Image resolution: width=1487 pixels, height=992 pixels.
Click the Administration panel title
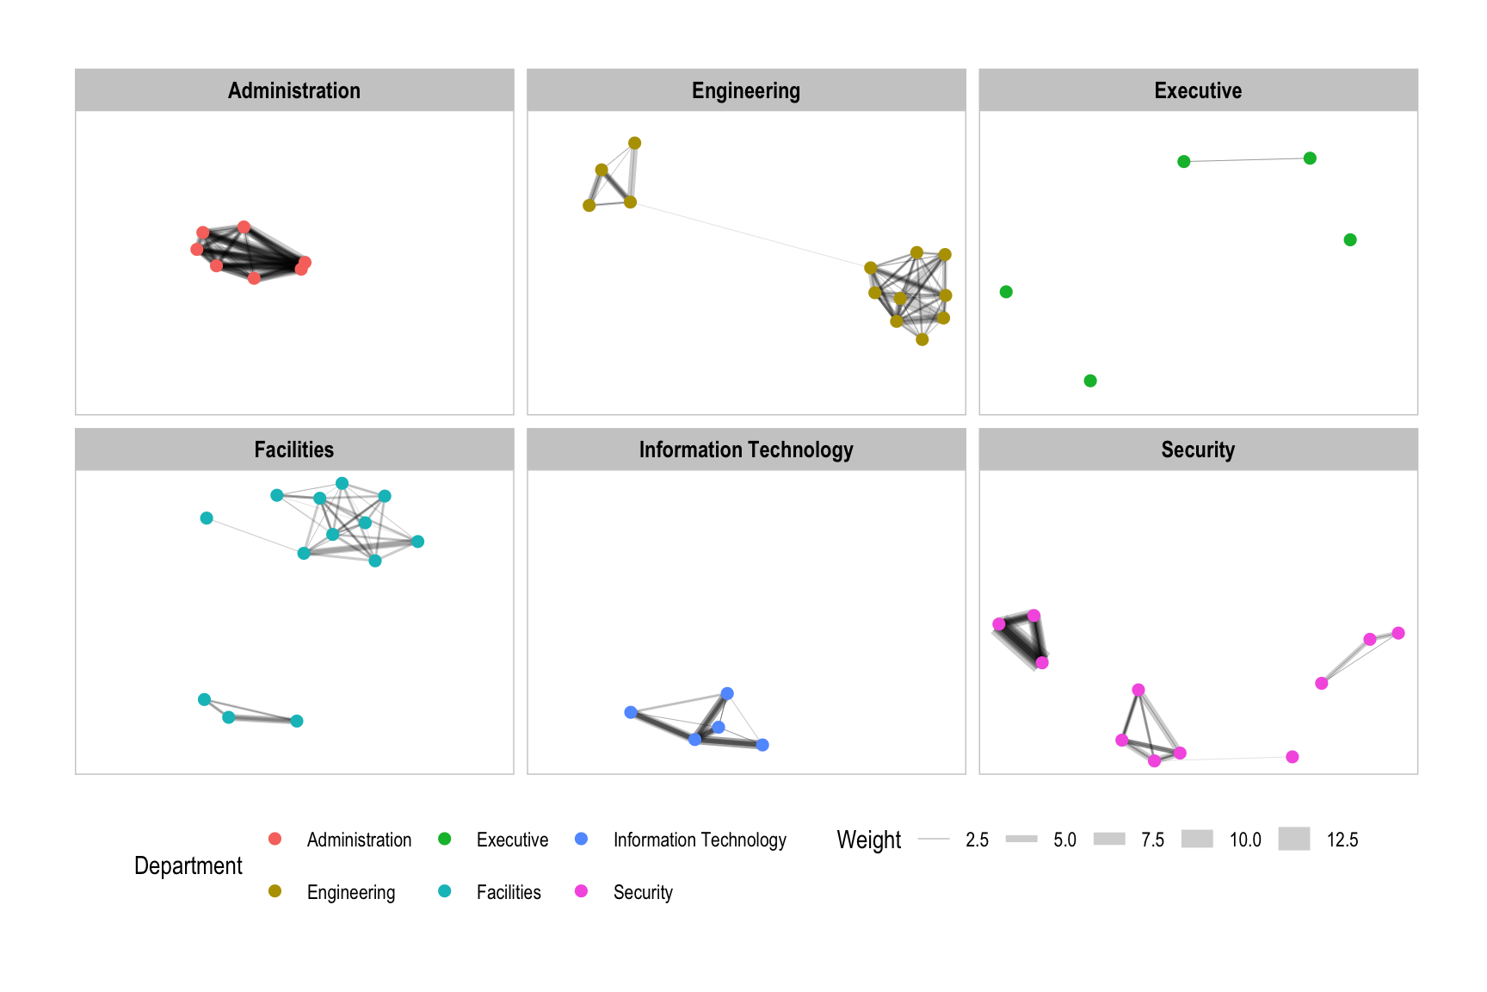point(294,90)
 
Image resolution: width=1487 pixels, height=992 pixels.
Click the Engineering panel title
point(746,90)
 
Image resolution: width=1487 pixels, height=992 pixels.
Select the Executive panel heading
point(1198,90)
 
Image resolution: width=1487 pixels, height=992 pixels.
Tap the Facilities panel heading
point(294,449)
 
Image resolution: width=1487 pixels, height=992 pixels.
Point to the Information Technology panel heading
point(746,449)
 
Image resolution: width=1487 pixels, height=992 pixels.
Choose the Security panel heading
point(1198,449)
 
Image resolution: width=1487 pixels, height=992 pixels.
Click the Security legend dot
point(582,891)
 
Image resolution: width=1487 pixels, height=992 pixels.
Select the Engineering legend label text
point(351,892)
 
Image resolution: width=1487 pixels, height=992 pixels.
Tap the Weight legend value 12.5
point(1342,840)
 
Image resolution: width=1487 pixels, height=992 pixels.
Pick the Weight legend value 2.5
point(977,840)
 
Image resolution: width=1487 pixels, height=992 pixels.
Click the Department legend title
point(188,865)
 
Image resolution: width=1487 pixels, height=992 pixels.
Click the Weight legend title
point(869,840)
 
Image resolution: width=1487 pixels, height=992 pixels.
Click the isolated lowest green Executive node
point(1090,381)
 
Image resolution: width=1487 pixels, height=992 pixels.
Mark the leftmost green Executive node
point(1006,292)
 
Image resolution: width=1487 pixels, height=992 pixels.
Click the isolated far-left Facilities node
point(207,518)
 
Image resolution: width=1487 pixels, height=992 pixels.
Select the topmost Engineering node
point(634,143)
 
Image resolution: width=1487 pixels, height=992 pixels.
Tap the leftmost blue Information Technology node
point(631,712)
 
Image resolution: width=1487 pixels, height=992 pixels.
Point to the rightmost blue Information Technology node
point(762,745)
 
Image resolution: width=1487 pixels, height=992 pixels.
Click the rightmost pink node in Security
point(1398,633)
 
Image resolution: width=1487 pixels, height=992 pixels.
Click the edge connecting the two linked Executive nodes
point(1247,160)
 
